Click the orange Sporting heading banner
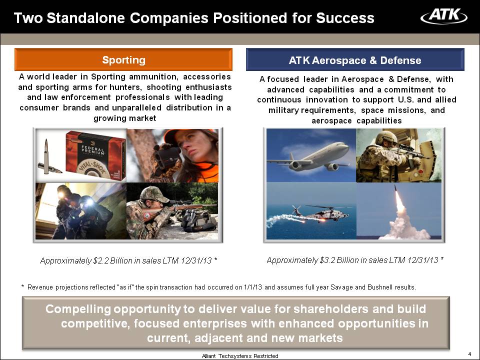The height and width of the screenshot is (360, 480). coord(123,59)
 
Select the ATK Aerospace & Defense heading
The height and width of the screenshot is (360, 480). coord(355,60)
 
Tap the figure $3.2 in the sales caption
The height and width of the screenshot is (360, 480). coord(327,260)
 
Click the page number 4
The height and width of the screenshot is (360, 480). coord(470,354)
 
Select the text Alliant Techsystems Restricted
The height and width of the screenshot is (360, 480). coord(240,356)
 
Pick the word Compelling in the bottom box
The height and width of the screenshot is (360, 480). coord(78,309)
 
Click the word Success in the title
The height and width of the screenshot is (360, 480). coord(345,18)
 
